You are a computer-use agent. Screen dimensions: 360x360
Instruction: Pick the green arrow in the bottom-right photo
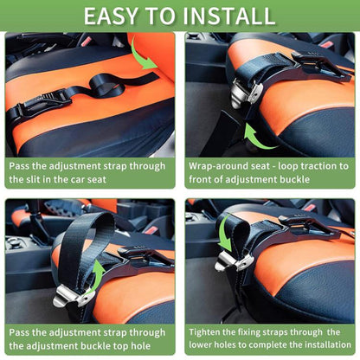click(224, 231)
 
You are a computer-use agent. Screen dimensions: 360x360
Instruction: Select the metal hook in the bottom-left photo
click(69, 297)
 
